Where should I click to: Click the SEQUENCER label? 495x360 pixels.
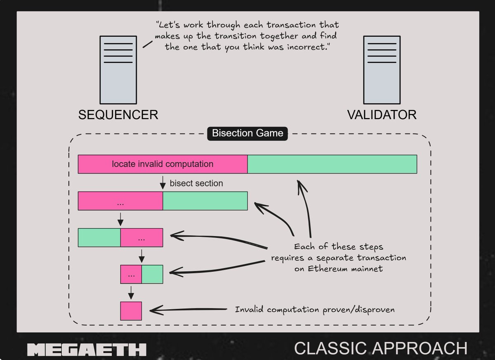[x=118, y=114]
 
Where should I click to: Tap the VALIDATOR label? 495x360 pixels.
[x=382, y=114]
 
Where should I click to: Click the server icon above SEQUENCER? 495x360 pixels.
[x=118, y=70]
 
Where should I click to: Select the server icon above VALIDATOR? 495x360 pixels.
[x=382, y=70]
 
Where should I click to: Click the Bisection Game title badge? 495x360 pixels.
[x=247, y=133]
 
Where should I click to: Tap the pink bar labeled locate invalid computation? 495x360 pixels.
[x=163, y=164]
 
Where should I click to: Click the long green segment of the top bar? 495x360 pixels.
[x=332, y=164]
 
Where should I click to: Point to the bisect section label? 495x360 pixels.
[x=196, y=183]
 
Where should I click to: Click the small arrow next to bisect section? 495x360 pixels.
[x=163, y=182]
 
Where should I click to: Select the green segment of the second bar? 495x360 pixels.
[x=205, y=201]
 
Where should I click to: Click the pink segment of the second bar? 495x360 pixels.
[x=120, y=201]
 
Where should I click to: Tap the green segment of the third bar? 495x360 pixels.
[x=99, y=237]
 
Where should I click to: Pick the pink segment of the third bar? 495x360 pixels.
[x=142, y=237]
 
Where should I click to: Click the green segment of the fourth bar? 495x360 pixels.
[x=152, y=274]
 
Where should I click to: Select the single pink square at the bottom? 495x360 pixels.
[x=131, y=311]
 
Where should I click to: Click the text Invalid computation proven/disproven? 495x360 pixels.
[x=315, y=309]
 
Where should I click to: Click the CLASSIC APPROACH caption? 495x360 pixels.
[x=381, y=348]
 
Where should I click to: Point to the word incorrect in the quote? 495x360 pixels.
[x=305, y=47]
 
